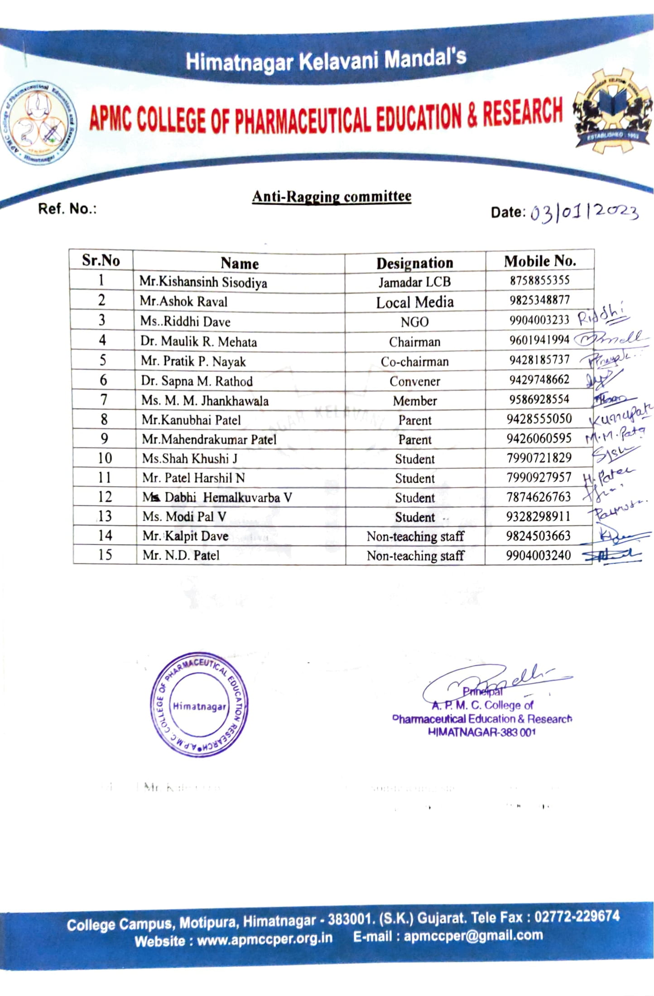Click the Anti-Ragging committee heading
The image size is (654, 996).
coord(332,196)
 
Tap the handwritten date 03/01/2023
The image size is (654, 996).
coord(584,212)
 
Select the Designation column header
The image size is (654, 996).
coord(414,263)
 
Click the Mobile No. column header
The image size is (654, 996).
coord(540,261)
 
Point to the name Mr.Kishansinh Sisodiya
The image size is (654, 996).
coord(203,282)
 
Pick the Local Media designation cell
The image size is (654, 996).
coord(414,302)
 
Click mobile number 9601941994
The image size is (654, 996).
coord(539,340)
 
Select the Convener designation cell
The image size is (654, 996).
coord(414,381)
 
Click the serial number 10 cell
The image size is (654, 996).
coord(105,458)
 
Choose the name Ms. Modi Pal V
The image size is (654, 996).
coord(184,517)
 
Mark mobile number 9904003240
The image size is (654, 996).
coord(538,555)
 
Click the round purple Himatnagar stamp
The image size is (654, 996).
coord(199,705)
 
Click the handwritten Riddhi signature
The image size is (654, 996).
coord(602,315)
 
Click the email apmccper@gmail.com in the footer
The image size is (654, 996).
coord(473,935)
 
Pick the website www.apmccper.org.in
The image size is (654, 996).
coord(264,938)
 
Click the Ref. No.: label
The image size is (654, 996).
coord(67,209)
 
